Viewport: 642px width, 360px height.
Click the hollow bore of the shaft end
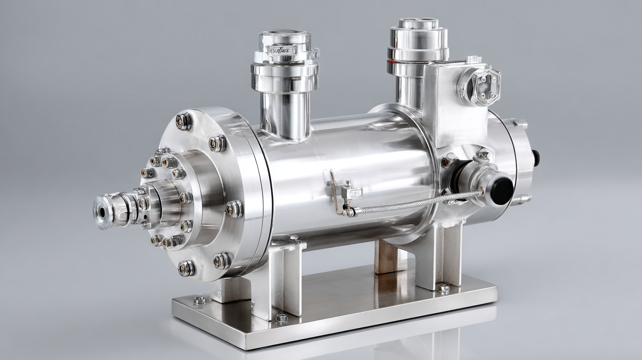102,212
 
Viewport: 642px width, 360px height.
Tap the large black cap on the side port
501,191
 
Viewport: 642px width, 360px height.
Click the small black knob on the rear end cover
536,158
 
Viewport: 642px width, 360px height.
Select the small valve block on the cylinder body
352,192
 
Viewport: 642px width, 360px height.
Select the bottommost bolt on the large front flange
186,268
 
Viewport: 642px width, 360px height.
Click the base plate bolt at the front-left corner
199,300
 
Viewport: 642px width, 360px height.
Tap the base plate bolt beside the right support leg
444,288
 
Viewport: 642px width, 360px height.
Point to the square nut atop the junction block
474,60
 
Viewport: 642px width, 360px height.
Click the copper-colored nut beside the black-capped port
446,162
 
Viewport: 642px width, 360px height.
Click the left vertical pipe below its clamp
285,115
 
